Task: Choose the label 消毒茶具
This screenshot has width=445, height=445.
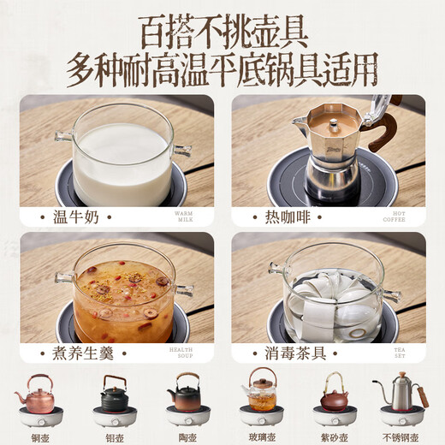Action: [x=291, y=353]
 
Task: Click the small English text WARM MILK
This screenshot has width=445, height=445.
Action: [x=184, y=217]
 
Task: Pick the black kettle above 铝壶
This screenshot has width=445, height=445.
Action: [x=114, y=394]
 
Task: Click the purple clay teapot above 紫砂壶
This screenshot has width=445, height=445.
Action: [x=334, y=395]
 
